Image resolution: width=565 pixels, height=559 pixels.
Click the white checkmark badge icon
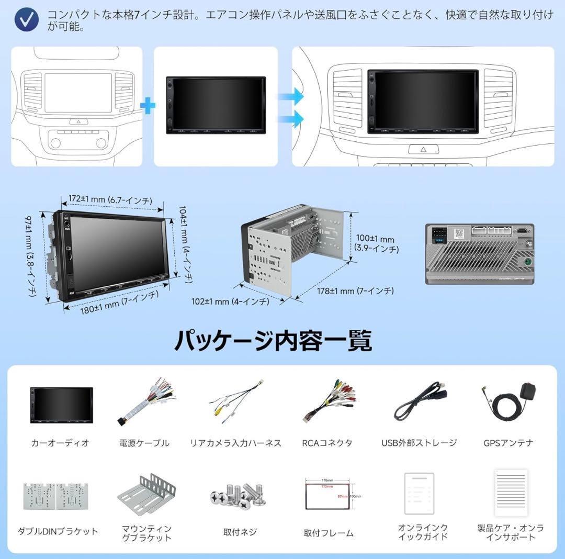[26, 20]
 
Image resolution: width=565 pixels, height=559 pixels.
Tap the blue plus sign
[148, 106]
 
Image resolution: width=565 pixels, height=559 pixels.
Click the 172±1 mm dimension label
[110, 200]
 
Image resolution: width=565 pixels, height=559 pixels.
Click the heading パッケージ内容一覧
[273, 341]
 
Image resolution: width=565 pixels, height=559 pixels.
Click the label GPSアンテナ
[508, 443]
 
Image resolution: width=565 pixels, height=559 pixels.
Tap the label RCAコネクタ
[327, 443]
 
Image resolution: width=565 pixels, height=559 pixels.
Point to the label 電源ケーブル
[144, 443]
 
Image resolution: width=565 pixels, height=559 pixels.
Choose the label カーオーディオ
[60, 443]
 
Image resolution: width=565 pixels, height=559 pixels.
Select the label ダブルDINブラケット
[58, 531]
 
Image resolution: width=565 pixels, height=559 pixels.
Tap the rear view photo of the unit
[479, 254]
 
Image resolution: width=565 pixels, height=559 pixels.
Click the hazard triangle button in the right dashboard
[423, 149]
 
